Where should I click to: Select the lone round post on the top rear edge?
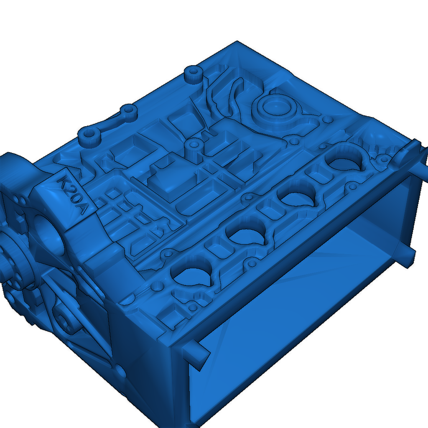pyautogui.click(x=193, y=74)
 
